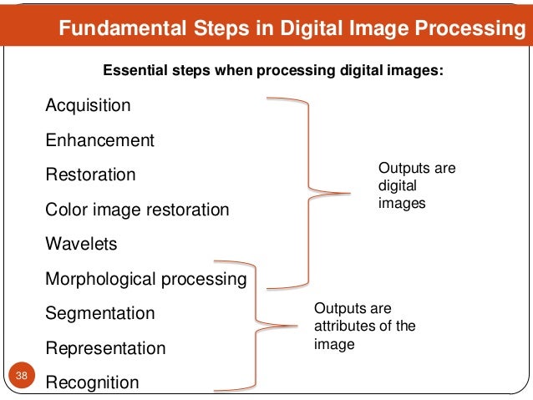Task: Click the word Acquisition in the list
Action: (x=88, y=106)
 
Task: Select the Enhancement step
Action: (x=99, y=140)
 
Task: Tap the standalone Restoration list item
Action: (x=90, y=175)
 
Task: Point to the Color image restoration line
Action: (x=137, y=210)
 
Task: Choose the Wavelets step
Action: (x=81, y=245)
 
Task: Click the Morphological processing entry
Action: (x=145, y=279)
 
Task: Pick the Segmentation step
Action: (x=99, y=313)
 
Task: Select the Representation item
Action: (x=105, y=347)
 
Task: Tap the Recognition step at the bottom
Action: (x=92, y=382)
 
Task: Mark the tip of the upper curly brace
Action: (x=350, y=194)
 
